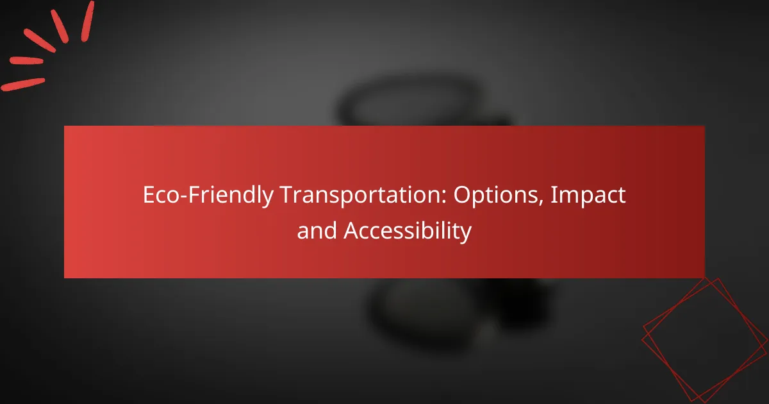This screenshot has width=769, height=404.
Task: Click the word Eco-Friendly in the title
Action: [x=208, y=195]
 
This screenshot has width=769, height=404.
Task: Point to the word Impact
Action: [x=588, y=195]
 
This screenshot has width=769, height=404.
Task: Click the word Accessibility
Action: [x=408, y=231]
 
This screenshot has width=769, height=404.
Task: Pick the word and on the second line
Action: [x=317, y=230]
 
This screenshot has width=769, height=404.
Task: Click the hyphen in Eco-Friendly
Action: [x=184, y=198]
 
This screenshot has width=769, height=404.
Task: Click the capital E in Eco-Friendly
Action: [x=149, y=195]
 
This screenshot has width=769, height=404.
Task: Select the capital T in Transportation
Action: [x=288, y=195]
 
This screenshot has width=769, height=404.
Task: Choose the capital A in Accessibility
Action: [x=352, y=230]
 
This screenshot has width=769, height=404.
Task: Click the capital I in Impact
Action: [x=553, y=195]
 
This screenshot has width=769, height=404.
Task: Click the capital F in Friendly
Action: [x=195, y=195]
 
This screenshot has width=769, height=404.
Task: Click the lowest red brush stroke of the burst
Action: [x=23, y=85]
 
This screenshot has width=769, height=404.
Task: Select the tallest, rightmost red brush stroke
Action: [x=88, y=21]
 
